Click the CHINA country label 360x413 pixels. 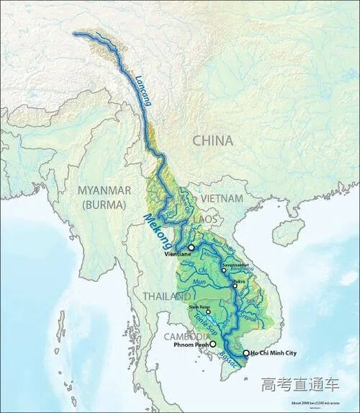(212, 141)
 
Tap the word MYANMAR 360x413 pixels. (104, 190)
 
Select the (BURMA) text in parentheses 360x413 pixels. (104, 204)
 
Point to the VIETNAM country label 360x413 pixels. (222, 197)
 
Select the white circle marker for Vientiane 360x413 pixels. (192, 247)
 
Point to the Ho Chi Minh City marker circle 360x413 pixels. (246, 353)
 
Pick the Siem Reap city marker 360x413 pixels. (208, 312)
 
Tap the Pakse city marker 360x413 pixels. (235, 286)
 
